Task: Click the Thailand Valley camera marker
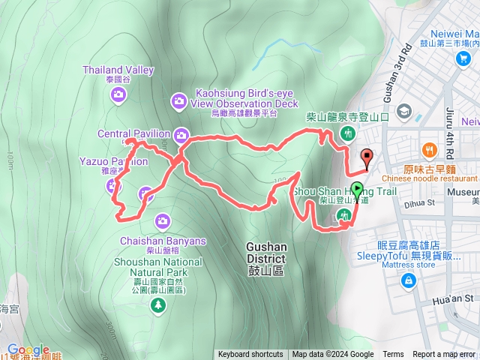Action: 118,94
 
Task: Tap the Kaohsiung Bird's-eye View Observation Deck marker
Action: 178,100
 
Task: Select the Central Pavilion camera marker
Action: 181,135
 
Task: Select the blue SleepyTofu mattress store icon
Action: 409,281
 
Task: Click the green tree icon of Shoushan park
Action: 157,304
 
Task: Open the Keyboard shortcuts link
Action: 250,355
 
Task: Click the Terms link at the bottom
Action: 393,355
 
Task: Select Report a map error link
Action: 444,355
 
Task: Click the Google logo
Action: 28,349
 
